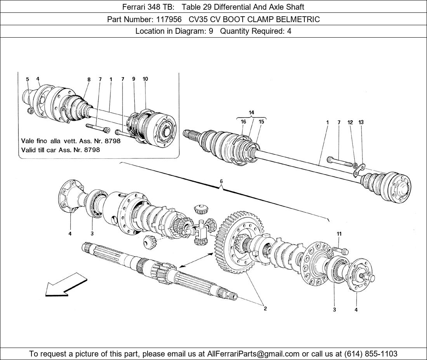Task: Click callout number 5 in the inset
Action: pyautogui.click(x=28, y=80)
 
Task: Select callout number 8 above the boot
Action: pyautogui.click(x=89, y=80)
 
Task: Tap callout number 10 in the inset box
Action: pyautogui.click(x=145, y=79)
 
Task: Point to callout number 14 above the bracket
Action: pyautogui.click(x=252, y=112)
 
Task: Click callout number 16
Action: pyautogui.click(x=243, y=122)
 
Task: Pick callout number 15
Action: pyautogui.click(x=261, y=122)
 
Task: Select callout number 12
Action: pyautogui.click(x=350, y=123)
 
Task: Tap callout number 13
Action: pyautogui.click(x=361, y=123)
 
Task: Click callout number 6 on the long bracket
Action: pyautogui.click(x=221, y=181)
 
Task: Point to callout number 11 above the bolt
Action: pyautogui.click(x=339, y=234)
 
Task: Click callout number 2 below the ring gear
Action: pyautogui.click(x=265, y=309)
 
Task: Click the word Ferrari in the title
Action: pyautogui.click(x=134, y=7)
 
